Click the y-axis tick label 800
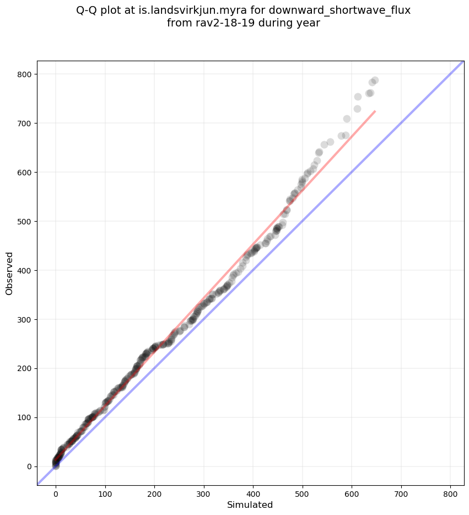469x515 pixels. tap(25, 74)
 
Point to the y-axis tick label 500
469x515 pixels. tap(25, 222)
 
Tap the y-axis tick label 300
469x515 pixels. tap(25, 320)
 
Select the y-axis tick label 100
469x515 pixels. tap(25, 417)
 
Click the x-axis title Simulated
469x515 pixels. tap(250, 505)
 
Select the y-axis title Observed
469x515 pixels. tap(9, 273)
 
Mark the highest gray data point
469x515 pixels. tap(375, 81)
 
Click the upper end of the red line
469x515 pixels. tap(375, 111)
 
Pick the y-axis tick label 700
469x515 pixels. tap(25, 124)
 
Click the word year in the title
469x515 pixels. tap(309, 23)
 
